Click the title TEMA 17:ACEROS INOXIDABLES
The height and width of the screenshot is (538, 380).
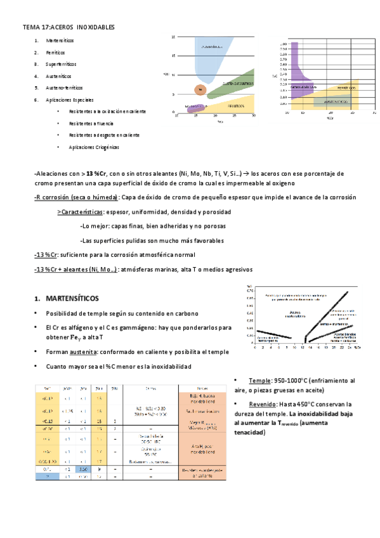(x=69, y=29)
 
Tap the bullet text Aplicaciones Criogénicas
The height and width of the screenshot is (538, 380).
(x=94, y=147)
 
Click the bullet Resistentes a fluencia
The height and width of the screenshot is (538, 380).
(x=93, y=124)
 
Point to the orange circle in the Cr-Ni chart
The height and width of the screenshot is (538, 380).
(x=200, y=90)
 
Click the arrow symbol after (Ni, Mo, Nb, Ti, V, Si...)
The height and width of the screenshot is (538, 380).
(x=246, y=173)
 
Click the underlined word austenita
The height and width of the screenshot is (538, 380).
(x=81, y=352)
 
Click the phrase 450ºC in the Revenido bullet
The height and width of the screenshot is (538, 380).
(x=296, y=404)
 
